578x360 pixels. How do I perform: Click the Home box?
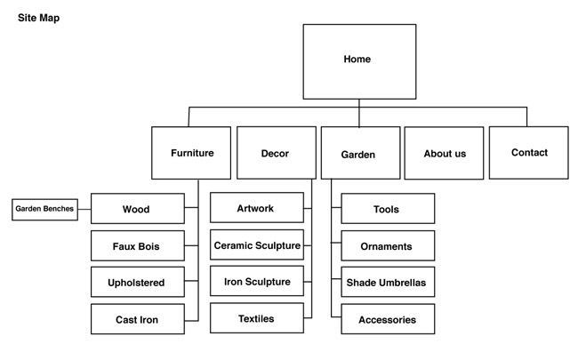[359, 61]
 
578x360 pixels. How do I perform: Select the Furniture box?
[191, 153]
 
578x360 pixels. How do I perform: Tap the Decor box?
[277, 153]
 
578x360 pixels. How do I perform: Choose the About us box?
[444, 153]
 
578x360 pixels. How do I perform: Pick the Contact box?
[528, 153]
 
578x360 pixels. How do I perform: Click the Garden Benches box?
[44, 210]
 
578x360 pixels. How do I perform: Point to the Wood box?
[138, 209]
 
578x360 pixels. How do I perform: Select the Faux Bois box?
[138, 245]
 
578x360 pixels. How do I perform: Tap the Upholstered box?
[138, 282]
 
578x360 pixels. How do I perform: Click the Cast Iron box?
[138, 319]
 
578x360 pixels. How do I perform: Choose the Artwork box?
[257, 207]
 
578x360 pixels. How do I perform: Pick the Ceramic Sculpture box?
[257, 244]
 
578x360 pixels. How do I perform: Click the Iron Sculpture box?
[257, 281]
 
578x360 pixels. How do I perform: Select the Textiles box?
[257, 318]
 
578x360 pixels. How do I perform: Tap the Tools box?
[388, 209]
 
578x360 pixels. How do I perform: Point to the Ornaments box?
[388, 245]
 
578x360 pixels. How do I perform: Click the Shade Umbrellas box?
[388, 282]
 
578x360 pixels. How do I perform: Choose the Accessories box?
[388, 319]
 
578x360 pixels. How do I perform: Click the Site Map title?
[39, 18]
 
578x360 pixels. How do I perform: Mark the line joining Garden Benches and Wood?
[84, 209]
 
